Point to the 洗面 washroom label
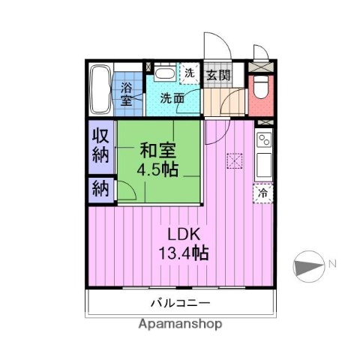click(173, 97)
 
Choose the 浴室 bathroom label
click(127, 93)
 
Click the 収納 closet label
click(100, 145)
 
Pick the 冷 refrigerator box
click(263, 192)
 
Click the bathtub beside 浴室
click(100, 91)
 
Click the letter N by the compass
click(332, 263)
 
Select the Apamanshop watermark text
click(180, 325)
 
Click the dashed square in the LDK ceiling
click(235, 160)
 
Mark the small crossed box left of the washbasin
click(149, 67)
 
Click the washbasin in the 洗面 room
click(166, 74)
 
